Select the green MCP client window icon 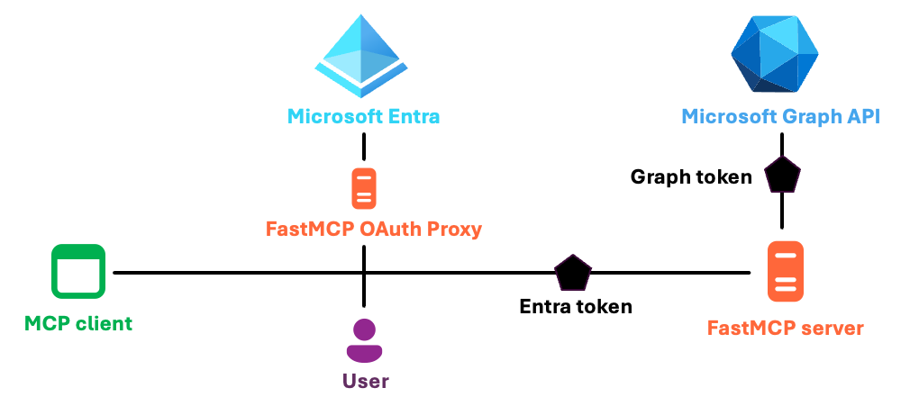click(x=77, y=272)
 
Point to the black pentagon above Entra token click(x=573, y=272)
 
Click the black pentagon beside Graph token click(x=781, y=176)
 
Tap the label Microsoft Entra click(x=363, y=117)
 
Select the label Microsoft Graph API click(x=780, y=117)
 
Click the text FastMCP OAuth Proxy click(x=374, y=230)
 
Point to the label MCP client click(x=78, y=323)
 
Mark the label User click(x=365, y=381)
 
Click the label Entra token click(x=576, y=306)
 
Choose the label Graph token click(x=692, y=177)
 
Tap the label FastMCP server click(x=786, y=328)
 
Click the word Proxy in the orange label click(x=453, y=230)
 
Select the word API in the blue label click(x=860, y=117)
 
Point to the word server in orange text click(x=832, y=328)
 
